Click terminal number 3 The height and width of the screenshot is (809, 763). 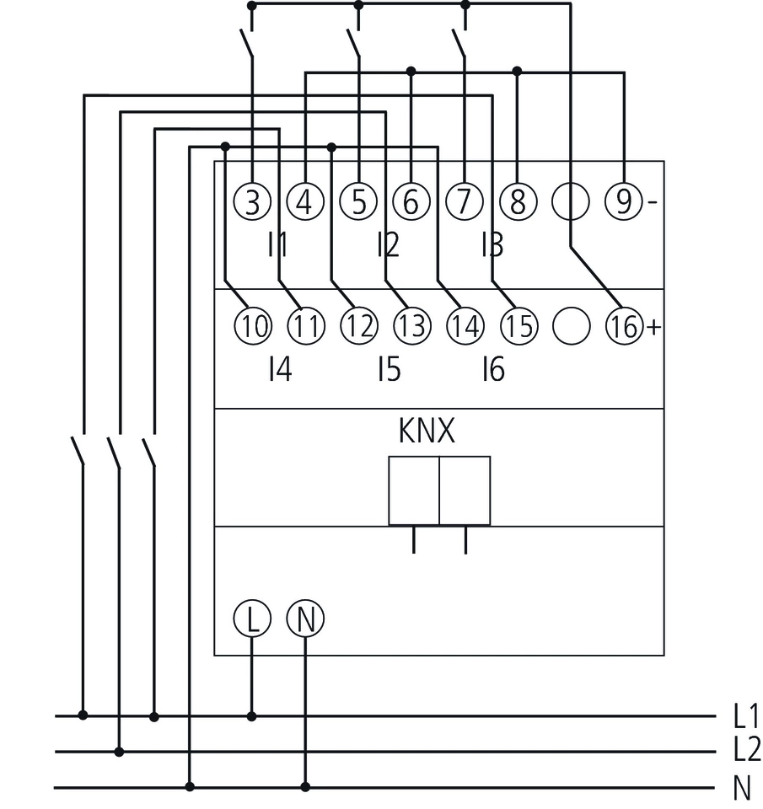tap(251, 202)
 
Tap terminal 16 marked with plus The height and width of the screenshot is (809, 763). tap(624, 326)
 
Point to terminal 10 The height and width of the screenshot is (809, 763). tap(251, 326)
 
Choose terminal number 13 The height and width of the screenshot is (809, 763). tap(411, 326)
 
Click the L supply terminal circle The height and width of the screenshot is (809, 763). tap(251, 620)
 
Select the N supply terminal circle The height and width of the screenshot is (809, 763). tap(305, 620)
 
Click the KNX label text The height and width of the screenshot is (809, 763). tap(427, 432)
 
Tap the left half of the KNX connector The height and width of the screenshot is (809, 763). tap(414, 490)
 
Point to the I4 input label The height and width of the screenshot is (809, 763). tap(280, 369)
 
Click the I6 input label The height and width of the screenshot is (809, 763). tap(492, 369)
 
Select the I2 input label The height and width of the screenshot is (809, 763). tap(388, 245)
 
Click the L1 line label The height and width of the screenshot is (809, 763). tap(746, 716)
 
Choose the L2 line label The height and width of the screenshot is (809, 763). tap(746, 750)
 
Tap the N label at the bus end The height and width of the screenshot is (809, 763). tap(742, 789)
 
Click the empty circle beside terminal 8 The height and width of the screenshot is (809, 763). tap(570, 202)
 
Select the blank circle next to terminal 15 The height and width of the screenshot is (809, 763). tap(571, 326)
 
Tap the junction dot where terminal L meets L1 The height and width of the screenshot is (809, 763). tap(251, 716)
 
